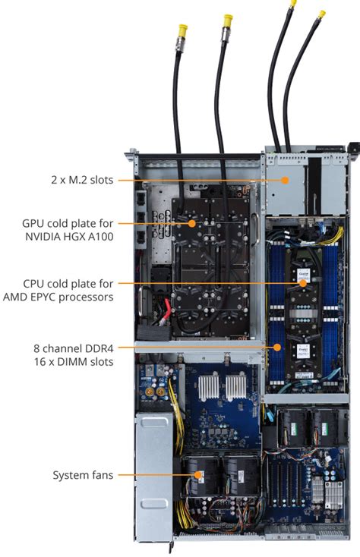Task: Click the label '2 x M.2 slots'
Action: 82,180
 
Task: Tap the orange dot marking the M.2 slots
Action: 285,180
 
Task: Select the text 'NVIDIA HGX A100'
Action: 69,237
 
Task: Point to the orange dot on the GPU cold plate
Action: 192,223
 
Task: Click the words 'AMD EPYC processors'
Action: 58,297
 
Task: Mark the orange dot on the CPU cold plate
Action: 303,283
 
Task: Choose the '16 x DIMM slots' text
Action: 74,362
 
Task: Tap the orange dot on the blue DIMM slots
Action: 277,347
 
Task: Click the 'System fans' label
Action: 83,475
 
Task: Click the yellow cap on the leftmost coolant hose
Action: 183,30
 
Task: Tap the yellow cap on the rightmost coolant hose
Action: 321,14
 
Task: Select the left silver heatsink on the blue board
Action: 209,386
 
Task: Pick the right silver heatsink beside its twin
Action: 236,386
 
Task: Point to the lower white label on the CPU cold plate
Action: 303,351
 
